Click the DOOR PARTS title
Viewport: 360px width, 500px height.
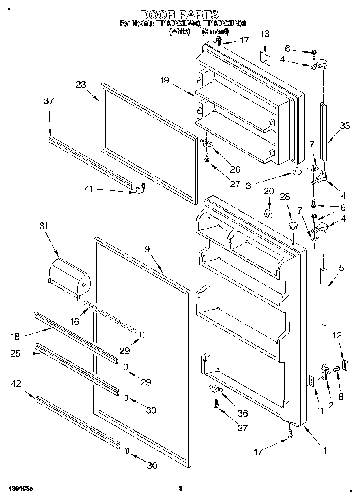pos(180,15)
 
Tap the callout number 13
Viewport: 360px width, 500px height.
pos(264,34)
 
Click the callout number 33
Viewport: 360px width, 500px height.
pos(345,126)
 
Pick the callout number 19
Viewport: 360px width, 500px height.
pos(164,81)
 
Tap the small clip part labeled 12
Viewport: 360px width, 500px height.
pos(345,364)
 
